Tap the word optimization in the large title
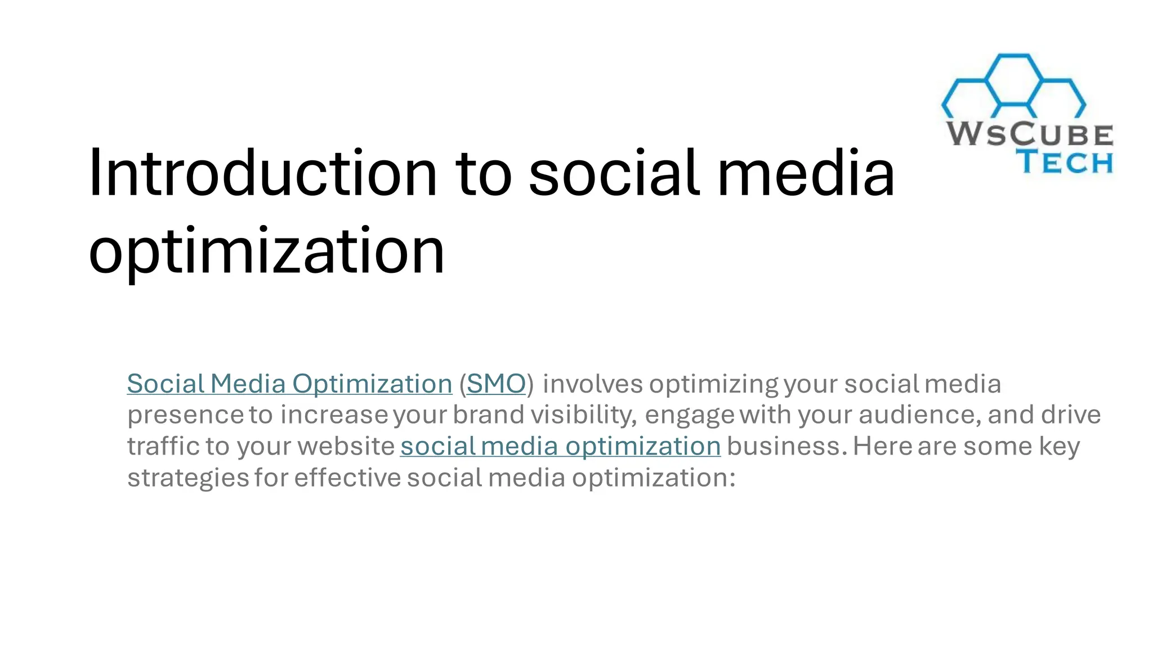[266, 251]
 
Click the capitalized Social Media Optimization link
[289, 384]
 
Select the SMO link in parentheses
[496, 384]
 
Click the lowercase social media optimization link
[560, 447]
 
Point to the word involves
[592, 384]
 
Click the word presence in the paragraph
[185, 416]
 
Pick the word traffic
[163, 447]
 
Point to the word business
[786, 447]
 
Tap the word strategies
[188, 478]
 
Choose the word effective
[347, 478]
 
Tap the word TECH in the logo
[1065, 162]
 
